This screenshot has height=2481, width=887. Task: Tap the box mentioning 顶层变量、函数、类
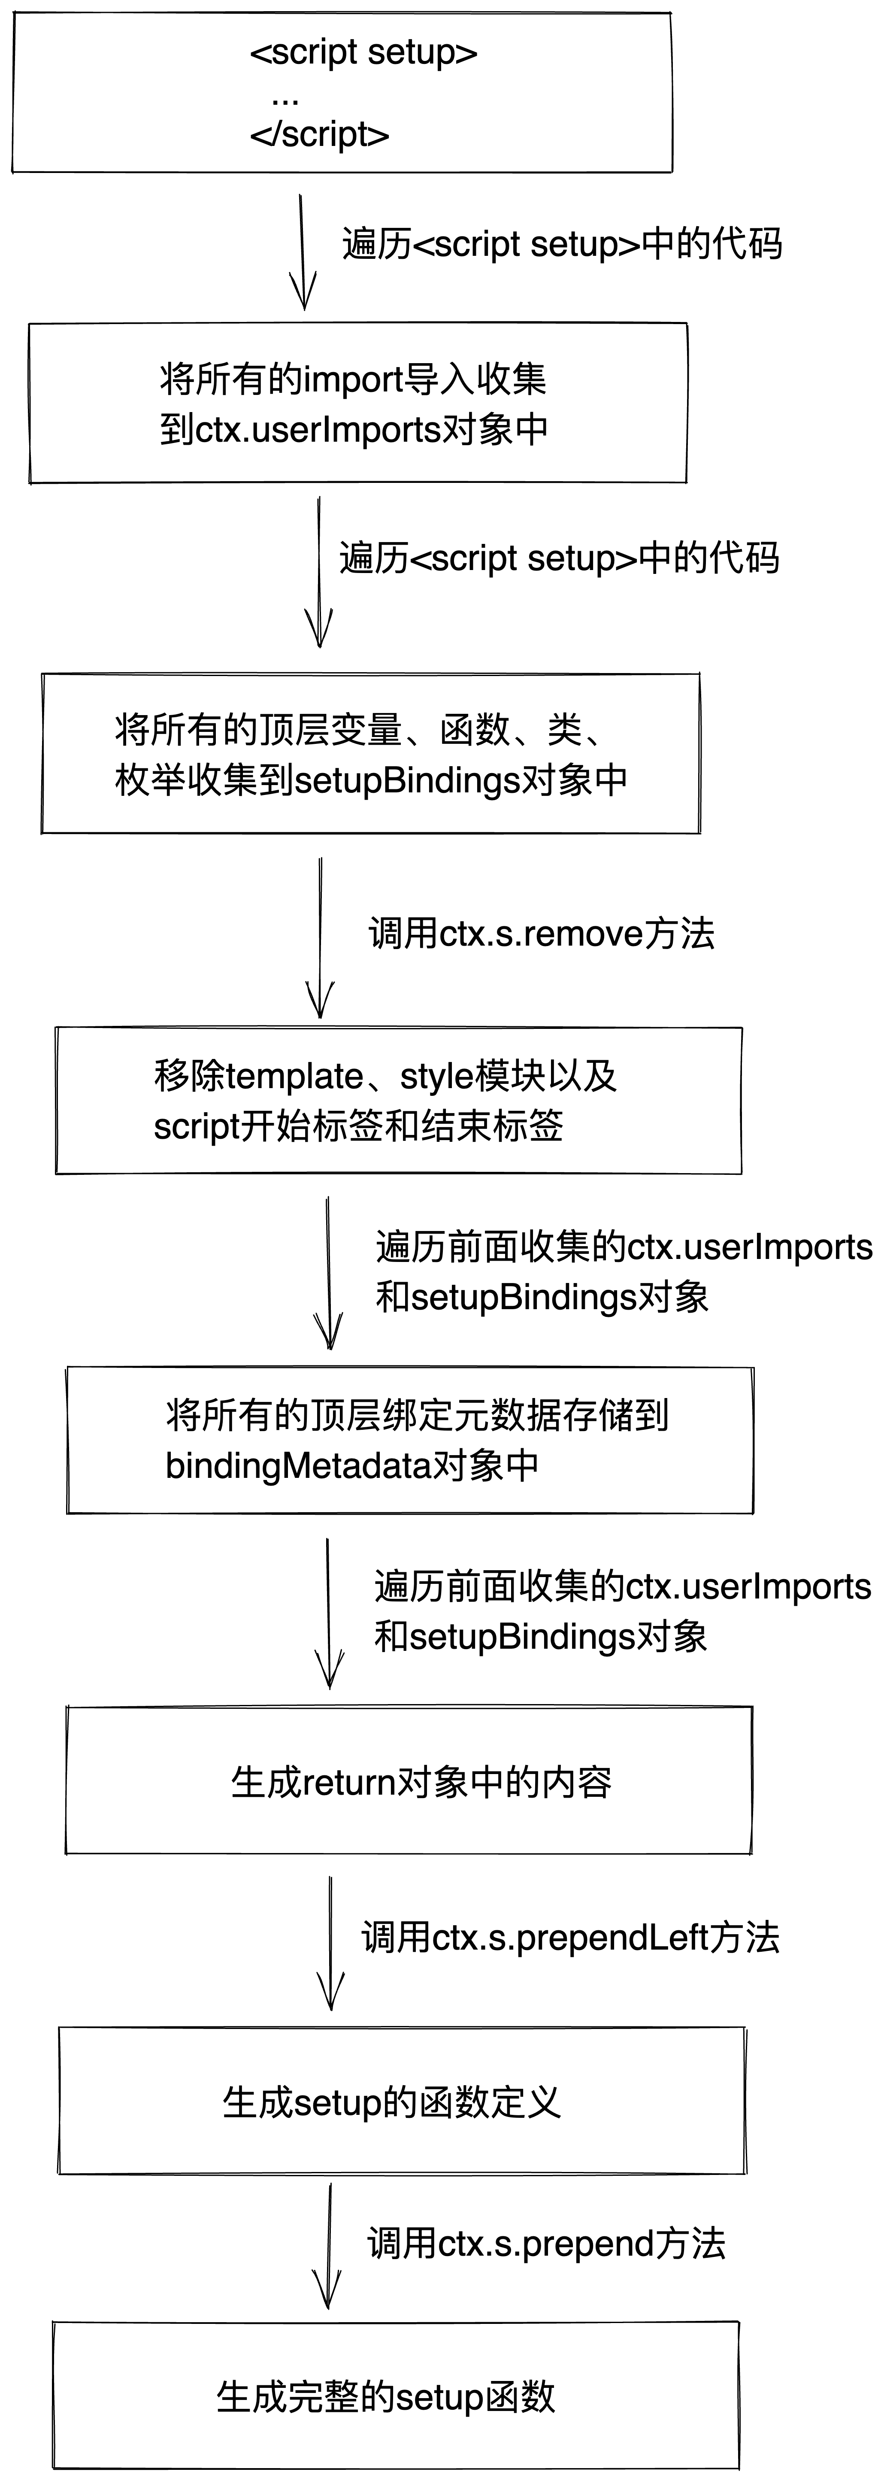coord(371,753)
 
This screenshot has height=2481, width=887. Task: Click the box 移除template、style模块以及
coord(399,1100)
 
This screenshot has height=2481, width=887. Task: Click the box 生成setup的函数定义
coord(403,2101)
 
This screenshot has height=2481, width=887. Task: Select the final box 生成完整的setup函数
coord(396,2396)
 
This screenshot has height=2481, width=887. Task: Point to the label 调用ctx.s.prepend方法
coord(546,2244)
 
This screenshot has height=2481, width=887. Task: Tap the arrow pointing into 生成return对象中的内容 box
coord(328,1613)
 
